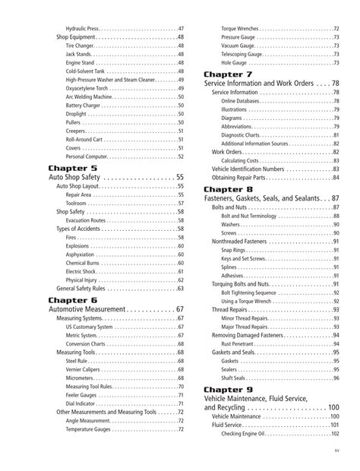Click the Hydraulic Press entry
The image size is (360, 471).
point(85,27)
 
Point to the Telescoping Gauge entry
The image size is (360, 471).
point(245,54)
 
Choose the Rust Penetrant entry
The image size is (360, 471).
point(238,343)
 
